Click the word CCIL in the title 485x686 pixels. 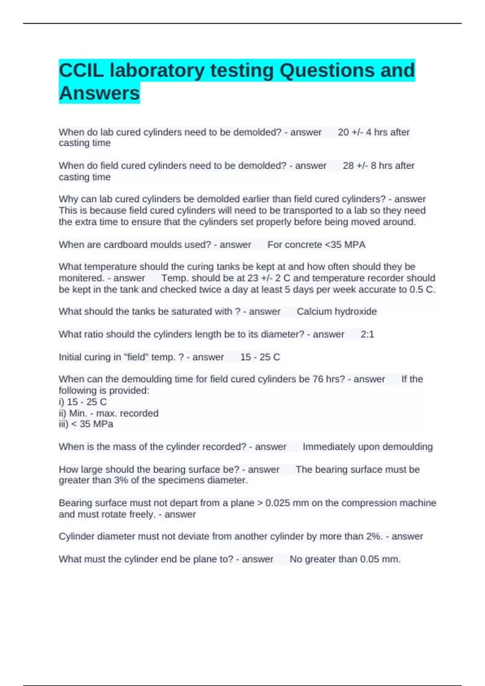[x=81, y=71]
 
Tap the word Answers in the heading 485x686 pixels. [x=99, y=93]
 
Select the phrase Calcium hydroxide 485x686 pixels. [x=337, y=312]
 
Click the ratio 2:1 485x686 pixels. [x=367, y=335]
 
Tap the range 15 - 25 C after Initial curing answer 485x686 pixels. [x=260, y=357]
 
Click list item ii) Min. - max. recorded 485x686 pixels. [x=109, y=413]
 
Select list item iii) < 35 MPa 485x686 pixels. [x=86, y=424]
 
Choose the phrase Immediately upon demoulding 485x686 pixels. [x=367, y=447]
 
